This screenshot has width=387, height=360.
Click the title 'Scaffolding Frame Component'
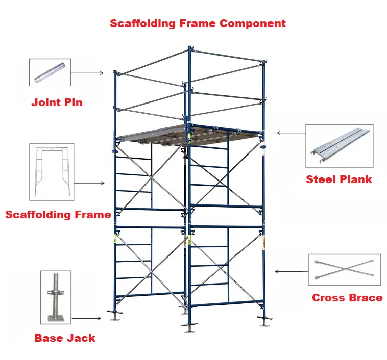point(198,23)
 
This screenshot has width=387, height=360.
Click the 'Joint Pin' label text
point(57,102)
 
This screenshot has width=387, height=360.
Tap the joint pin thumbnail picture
point(50,72)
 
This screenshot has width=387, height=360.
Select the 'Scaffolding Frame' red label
point(58,215)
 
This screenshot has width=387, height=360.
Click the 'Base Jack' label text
point(65,338)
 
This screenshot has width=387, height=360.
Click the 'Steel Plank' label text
point(338,179)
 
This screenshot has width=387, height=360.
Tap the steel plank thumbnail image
point(339,146)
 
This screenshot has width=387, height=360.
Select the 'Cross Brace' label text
point(347,298)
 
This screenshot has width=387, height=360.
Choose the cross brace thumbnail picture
point(345,270)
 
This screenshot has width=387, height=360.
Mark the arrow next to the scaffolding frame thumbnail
point(90,183)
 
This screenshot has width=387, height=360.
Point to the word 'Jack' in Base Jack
point(81,338)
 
